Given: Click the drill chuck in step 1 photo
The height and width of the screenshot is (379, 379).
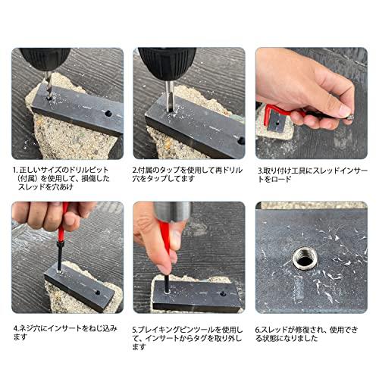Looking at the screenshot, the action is tap(45, 59).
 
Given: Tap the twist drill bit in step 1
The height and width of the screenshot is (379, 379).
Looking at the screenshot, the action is tap(49, 85).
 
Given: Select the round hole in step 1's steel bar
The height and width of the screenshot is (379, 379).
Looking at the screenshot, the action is tap(108, 114).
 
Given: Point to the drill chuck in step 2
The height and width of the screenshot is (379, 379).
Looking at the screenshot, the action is tap(168, 63).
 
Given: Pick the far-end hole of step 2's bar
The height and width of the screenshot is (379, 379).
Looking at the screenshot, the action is tap(241, 141).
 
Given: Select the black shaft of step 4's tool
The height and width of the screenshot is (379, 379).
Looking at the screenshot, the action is tap(59, 255).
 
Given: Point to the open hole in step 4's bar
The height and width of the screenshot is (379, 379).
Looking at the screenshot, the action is tap(97, 293).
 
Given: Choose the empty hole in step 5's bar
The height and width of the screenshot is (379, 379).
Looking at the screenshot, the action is tap(223, 294).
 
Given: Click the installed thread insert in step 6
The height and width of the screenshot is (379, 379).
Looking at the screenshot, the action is tap(305, 259).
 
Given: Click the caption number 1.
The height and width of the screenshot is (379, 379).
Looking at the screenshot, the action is tap(15, 170).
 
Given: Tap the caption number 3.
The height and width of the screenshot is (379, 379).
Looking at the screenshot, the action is tap(260, 171).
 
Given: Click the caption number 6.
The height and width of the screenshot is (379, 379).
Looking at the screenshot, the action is tap(258, 330).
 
